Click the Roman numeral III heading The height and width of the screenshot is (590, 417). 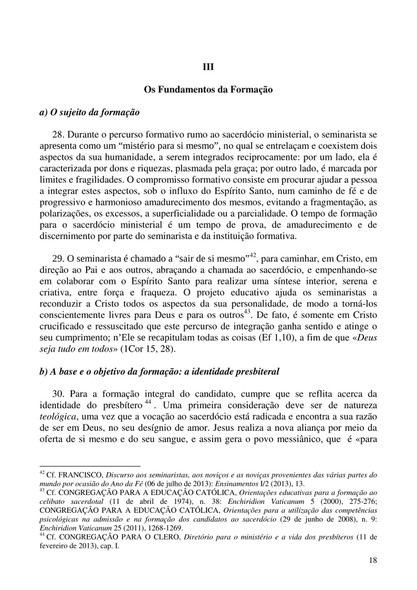tap(208, 67)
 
